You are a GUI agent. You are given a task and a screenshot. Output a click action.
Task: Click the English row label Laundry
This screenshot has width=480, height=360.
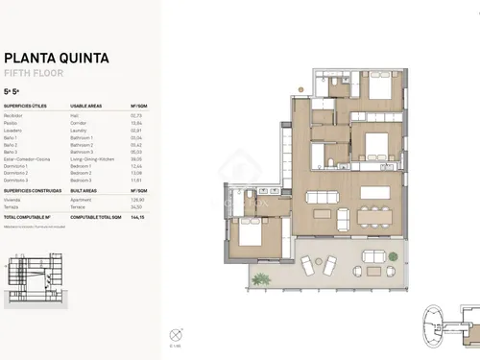[x=80, y=130]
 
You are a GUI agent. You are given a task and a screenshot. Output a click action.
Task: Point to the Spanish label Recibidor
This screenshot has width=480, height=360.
[x=14, y=115]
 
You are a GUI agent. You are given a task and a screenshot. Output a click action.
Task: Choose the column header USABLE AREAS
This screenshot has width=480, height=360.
[x=89, y=107]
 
